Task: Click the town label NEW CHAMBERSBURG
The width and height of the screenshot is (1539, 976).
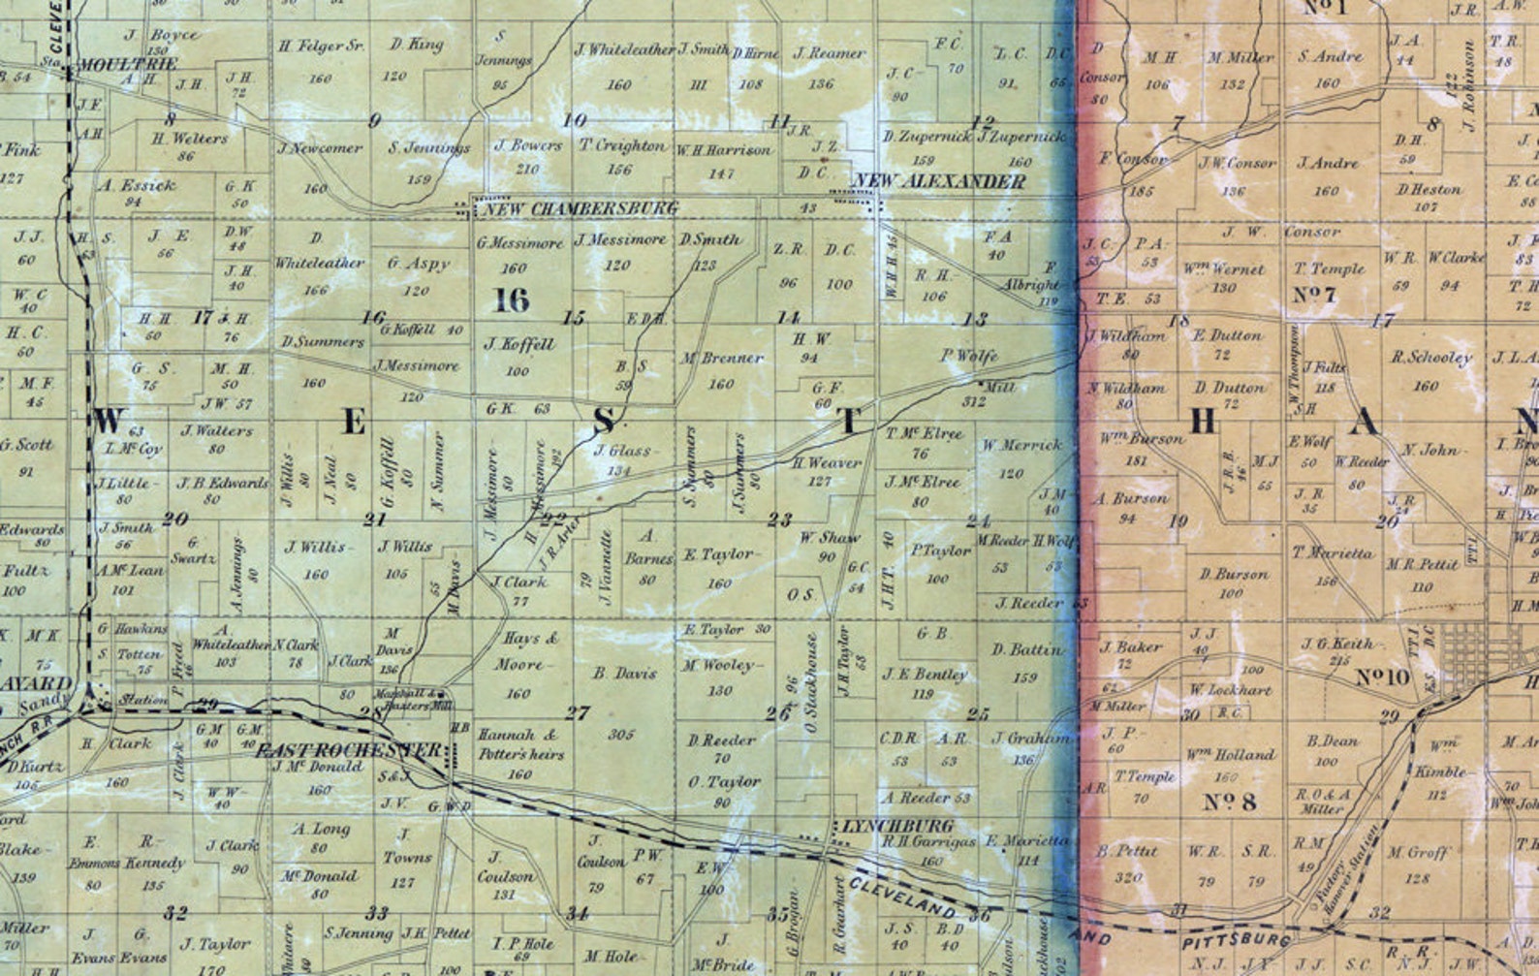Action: (x=580, y=208)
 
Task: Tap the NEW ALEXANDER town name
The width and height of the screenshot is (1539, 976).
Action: (x=938, y=181)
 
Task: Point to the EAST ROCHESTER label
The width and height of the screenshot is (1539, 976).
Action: (x=347, y=750)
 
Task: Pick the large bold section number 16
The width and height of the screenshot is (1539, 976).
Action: (x=512, y=300)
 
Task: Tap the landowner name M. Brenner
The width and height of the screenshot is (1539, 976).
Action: (x=722, y=359)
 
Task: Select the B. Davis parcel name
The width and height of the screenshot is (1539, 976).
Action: (x=625, y=673)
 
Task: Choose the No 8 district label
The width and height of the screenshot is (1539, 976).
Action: (x=1230, y=802)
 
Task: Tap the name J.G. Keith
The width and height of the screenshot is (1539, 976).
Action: (x=1337, y=644)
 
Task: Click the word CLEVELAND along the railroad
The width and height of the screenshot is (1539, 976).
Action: (x=901, y=898)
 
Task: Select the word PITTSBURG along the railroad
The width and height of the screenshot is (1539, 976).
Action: (x=1236, y=940)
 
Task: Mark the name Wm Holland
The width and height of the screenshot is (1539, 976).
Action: (x=1230, y=754)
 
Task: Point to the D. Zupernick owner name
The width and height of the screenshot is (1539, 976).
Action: (x=927, y=137)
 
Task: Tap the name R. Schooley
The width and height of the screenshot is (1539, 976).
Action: (x=1430, y=358)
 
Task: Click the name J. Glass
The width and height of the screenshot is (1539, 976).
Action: (x=622, y=451)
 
